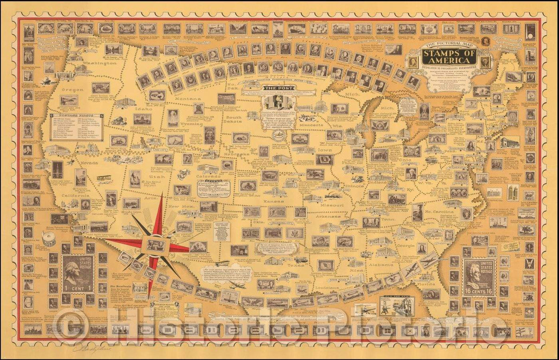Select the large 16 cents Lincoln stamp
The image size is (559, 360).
[479, 277]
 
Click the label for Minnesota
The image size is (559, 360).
[311, 125]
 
